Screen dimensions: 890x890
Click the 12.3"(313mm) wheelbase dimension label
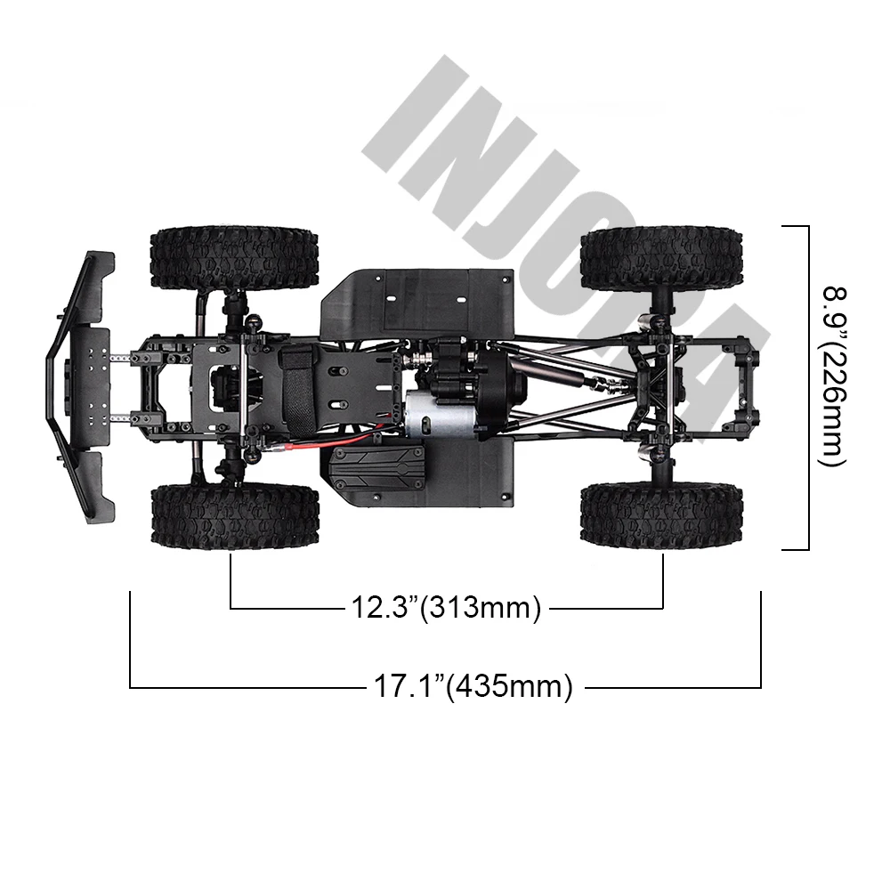(446, 607)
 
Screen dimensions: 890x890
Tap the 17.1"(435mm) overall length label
(473, 686)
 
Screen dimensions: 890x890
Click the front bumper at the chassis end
(79, 387)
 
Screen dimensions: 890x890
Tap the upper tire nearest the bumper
(234, 258)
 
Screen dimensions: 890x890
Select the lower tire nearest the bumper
(235, 515)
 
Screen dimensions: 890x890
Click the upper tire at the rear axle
(662, 258)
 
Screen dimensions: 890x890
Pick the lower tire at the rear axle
(662, 515)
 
